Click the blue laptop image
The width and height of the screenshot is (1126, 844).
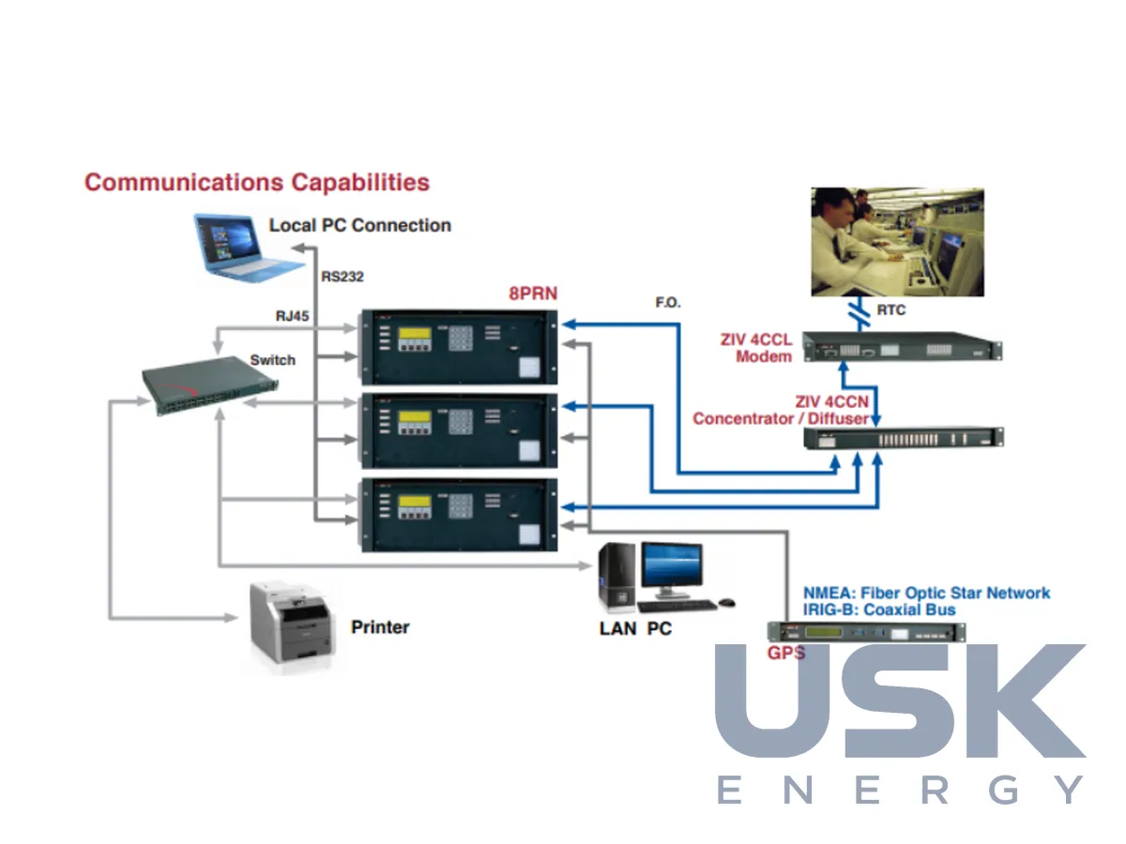[x=248, y=248]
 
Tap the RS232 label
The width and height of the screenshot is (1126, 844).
[x=342, y=277]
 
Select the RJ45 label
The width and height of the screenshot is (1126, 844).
[x=292, y=316]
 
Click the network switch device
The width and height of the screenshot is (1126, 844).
[x=210, y=385]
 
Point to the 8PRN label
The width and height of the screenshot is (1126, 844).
[x=532, y=294]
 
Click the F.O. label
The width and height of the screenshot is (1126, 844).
[x=667, y=302]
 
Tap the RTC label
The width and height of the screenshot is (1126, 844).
[x=890, y=310]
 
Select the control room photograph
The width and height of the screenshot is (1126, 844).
[x=897, y=241]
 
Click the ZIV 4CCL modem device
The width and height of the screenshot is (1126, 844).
[x=902, y=347]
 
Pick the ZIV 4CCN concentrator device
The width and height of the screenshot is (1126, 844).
[x=903, y=439]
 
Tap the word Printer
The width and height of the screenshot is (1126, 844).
[x=380, y=626]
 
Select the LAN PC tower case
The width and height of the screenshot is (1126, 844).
[x=616, y=578]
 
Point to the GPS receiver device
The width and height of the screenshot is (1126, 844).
[x=866, y=632]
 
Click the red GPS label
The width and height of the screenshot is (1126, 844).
[x=785, y=653]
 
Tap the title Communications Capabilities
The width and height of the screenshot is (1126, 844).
[x=256, y=183]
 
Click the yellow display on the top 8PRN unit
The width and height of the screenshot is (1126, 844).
[x=415, y=333]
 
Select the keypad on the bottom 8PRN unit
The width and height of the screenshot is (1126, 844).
[x=460, y=505]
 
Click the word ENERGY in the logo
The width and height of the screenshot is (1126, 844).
[x=900, y=790]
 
